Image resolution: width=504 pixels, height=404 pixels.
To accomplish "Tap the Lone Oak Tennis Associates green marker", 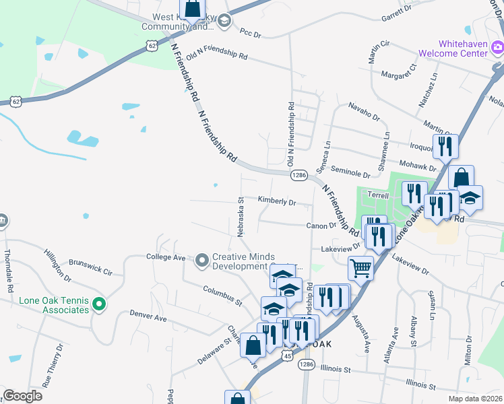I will click(x=98, y=305).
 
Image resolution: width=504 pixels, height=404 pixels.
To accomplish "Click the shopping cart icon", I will click(x=360, y=268).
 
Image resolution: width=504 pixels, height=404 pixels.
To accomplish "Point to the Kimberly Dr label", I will click(x=277, y=201).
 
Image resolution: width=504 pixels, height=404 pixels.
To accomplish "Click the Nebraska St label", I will click(x=240, y=216).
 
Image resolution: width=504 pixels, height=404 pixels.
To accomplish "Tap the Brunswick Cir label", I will click(x=90, y=267).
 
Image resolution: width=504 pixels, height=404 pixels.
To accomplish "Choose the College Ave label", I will click(x=166, y=257).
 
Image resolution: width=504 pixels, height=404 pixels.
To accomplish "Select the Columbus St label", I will click(x=222, y=294).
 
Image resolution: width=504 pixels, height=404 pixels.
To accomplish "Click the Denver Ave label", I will click(x=148, y=316).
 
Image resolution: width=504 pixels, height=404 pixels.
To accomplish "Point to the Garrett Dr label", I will click(x=396, y=11).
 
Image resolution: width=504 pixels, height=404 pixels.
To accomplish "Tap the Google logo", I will click(x=23, y=396).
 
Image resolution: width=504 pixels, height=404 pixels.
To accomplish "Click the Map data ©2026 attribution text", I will click(x=476, y=399).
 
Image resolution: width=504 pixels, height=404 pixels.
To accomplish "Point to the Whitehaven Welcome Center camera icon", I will click(x=497, y=47).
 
